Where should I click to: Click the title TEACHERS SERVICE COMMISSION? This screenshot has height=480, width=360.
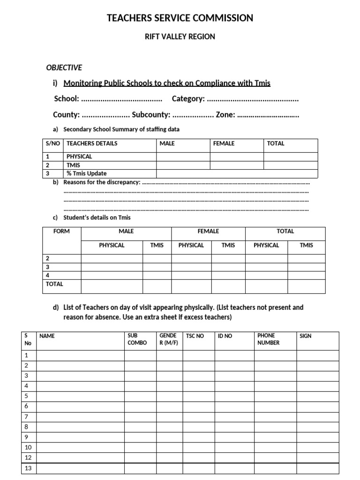[180, 18]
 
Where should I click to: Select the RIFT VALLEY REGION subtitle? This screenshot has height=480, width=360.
[180, 37]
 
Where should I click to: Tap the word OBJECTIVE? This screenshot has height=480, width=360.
[64, 67]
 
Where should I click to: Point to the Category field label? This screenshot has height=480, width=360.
[188, 99]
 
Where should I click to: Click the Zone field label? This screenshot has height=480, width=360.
[225, 115]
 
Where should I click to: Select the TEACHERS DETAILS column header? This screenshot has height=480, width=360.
[92, 143]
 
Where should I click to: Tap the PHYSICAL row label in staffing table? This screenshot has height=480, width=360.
[79, 157]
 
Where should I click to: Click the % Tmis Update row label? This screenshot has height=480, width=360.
[87, 173]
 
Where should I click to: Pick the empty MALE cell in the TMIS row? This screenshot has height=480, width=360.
[183, 165]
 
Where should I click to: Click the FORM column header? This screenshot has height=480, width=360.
[61, 232]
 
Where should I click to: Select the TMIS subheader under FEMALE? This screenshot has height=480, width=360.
[228, 245]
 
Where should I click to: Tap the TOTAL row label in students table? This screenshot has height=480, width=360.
[54, 284]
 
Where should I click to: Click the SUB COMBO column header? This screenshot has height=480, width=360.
[137, 339]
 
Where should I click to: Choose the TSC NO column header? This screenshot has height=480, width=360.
[195, 336]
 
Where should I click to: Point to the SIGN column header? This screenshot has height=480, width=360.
[305, 336]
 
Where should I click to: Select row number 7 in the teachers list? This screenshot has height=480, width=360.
[27, 417]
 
